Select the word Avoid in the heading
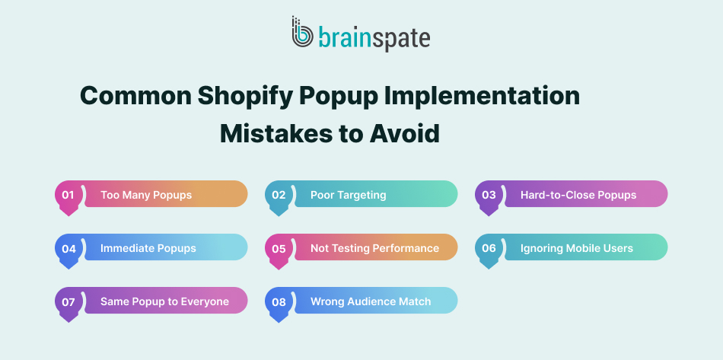point(405,133)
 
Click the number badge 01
point(68,195)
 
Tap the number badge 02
point(279,195)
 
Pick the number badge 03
point(489,195)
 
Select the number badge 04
point(68,248)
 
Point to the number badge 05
point(279,248)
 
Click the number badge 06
point(489,248)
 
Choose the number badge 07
point(68,301)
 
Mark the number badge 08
point(279,301)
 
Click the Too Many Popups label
point(146,195)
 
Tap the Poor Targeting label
point(348,195)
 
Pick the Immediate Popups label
point(148,248)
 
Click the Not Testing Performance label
point(374,248)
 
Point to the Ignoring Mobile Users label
point(576,248)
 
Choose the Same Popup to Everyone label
point(164,301)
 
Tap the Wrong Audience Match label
point(371,301)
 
